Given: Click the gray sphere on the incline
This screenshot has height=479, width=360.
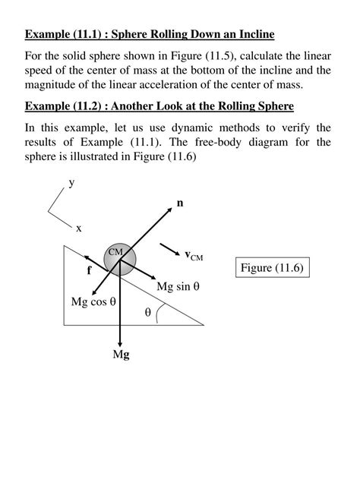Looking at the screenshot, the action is click(118, 262).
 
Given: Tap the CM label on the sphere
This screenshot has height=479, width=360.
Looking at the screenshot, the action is click(115, 251).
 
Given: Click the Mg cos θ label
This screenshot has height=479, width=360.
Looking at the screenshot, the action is click(93, 301).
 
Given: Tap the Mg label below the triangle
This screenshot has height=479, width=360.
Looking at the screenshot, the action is click(120, 355).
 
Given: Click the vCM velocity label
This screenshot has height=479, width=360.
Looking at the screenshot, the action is click(194, 255).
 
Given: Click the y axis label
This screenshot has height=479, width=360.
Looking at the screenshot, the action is click(71, 183).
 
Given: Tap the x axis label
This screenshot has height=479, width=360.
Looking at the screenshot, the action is click(78, 226).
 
